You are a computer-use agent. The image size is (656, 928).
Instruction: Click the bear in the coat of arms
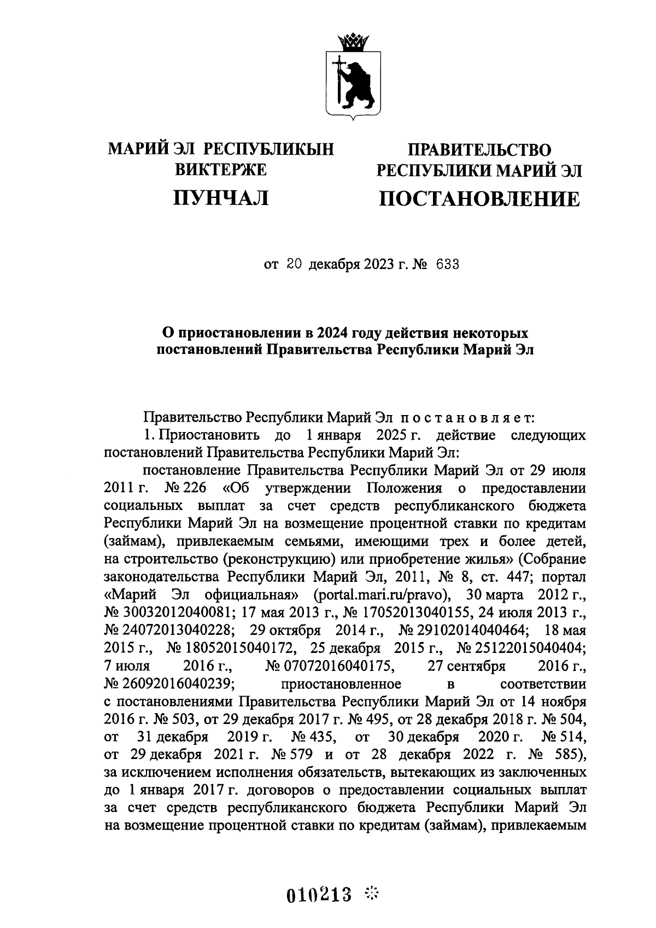point(358,82)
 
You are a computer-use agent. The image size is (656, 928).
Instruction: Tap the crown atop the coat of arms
point(354,41)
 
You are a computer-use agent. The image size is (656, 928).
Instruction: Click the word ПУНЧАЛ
point(220,197)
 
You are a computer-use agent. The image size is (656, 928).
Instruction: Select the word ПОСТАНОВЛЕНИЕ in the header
point(479,199)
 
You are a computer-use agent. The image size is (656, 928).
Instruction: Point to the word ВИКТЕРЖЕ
point(220,170)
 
